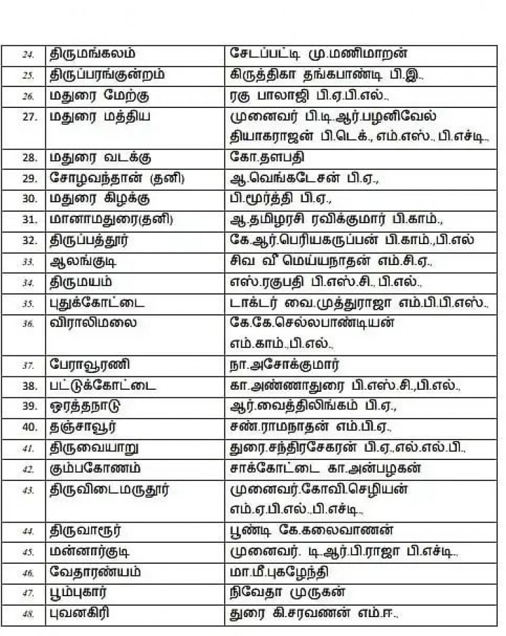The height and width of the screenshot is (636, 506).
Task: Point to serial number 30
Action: click(28, 200)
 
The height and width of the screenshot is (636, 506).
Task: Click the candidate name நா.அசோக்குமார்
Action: click(284, 366)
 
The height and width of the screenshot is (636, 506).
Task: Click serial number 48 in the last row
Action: click(28, 615)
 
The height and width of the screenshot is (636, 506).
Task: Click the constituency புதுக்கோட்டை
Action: click(94, 303)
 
